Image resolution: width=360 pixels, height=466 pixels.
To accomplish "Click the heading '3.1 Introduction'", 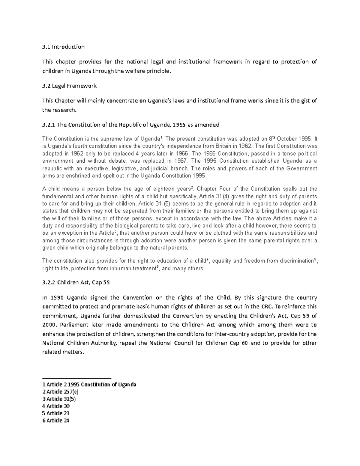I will tap(63, 47).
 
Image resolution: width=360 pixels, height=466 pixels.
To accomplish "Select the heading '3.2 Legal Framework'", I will tap(69, 86).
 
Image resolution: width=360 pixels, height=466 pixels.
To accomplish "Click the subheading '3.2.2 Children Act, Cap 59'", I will tap(76, 282).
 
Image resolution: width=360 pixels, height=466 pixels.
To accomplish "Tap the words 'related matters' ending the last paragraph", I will tap(63, 352).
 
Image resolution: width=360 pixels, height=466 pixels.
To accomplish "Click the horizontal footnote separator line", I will tap(77, 379).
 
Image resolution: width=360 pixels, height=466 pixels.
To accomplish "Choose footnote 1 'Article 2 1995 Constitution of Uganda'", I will tap(89, 385).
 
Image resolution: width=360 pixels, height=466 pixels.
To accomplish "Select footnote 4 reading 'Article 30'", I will tap(56, 406).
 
